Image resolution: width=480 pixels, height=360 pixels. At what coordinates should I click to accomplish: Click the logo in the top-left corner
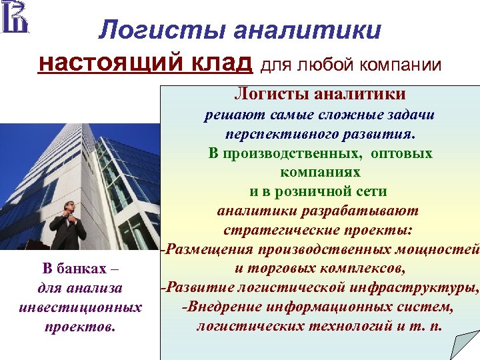[x=15, y=18]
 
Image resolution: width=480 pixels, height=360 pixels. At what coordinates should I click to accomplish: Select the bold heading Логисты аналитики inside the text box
[x=319, y=95]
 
